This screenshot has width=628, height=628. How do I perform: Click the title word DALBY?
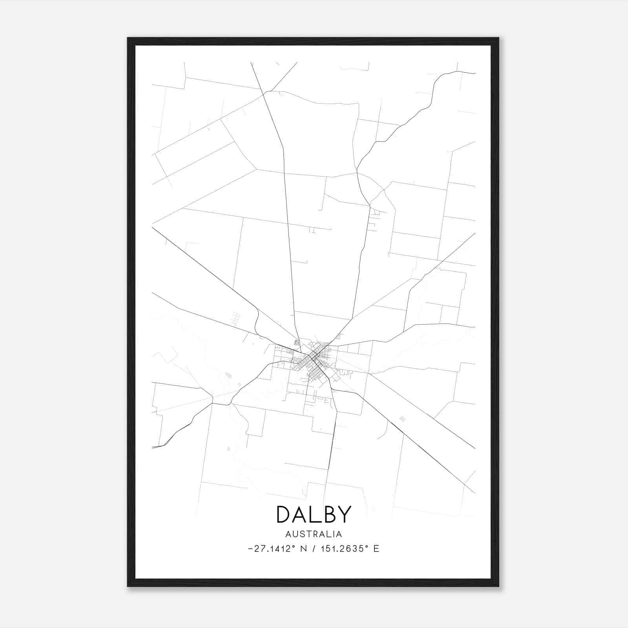[x=314, y=514]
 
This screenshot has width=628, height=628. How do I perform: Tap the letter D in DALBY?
[x=284, y=514]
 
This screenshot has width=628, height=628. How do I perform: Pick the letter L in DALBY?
[x=314, y=514]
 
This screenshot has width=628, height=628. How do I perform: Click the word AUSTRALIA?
[x=314, y=534]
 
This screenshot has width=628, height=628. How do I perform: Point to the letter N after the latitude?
[x=304, y=549]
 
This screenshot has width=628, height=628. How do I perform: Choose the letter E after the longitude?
[x=376, y=549]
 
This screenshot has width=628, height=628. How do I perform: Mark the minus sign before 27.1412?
[x=250, y=549]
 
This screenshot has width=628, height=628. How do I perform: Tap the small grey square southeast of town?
[x=402, y=419]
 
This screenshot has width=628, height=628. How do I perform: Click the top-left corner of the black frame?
[x=128, y=38]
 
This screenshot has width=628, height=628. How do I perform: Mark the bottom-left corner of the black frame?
[x=128, y=586]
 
